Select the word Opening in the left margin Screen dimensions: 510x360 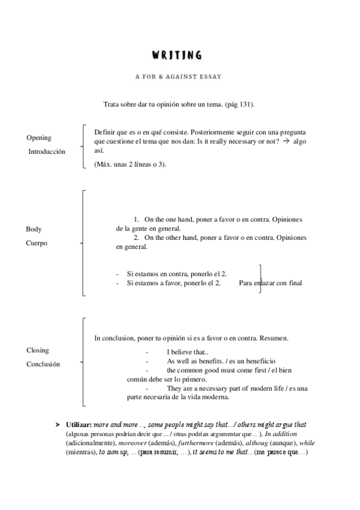(x=39, y=138)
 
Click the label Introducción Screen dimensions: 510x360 (x=47, y=152)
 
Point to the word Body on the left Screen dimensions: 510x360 (x=34, y=229)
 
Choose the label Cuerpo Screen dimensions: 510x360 (x=37, y=243)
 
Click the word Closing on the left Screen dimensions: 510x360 (x=37, y=350)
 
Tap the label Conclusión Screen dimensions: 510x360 (x=43, y=364)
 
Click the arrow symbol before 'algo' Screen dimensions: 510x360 (x=286, y=140)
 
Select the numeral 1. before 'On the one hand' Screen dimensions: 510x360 (x=136, y=220)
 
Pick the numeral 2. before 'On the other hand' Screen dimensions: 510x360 (x=136, y=238)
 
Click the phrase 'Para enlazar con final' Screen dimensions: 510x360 (x=270, y=283)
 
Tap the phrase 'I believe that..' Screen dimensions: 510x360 (x=188, y=352)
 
